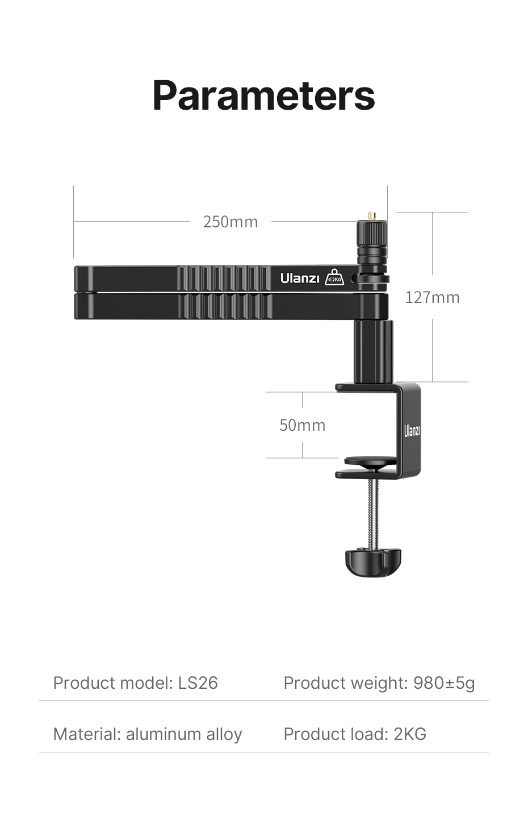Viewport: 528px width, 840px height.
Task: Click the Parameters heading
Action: [x=263, y=95]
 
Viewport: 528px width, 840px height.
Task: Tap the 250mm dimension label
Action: [x=230, y=222]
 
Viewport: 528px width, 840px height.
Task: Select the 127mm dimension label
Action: [x=432, y=297]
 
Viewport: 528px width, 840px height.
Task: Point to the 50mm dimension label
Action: [x=302, y=425]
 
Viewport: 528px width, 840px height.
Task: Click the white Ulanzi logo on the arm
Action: [x=300, y=278]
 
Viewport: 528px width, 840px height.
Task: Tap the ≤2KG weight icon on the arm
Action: [x=334, y=277]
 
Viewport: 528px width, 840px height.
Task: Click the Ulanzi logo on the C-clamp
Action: [x=412, y=431]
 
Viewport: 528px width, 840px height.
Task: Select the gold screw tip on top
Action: [x=372, y=216]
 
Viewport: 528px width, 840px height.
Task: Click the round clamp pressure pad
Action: [x=370, y=461]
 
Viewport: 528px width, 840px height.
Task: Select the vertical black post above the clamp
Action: [x=373, y=351]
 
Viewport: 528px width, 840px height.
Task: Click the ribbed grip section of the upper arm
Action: [x=225, y=278]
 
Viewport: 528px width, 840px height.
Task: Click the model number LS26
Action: [x=198, y=683]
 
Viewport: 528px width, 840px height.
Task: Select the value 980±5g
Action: [x=444, y=683]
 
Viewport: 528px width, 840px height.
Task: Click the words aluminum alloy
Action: [x=184, y=734]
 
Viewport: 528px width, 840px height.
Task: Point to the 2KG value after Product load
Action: [x=410, y=734]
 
